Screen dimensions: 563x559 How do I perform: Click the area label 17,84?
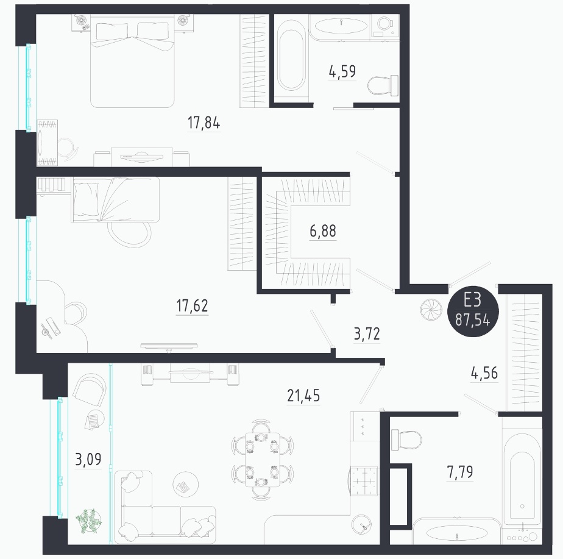(x=204, y=123)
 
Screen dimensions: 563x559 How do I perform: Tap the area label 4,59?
(x=342, y=71)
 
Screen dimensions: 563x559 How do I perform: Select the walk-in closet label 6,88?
(x=323, y=231)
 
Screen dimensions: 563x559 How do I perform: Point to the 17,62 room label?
(x=192, y=306)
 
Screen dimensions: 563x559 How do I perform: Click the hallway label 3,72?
(x=367, y=333)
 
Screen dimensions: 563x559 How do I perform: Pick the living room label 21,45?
(x=303, y=396)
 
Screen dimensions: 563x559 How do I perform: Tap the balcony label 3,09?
(x=88, y=459)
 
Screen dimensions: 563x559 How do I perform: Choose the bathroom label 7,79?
(x=460, y=472)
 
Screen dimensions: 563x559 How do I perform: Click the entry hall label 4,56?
(x=484, y=373)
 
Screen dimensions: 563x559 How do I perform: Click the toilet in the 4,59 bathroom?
(x=383, y=85)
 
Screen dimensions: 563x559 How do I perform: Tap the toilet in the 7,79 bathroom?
(x=406, y=440)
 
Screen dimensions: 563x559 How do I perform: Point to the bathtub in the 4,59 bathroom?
(x=291, y=60)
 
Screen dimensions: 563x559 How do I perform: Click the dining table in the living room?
(x=263, y=460)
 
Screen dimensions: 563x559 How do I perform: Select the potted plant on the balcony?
(x=88, y=521)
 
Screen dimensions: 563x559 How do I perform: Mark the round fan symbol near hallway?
(x=431, y=309)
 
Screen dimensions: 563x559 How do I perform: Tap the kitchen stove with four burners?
(x=364, y=480)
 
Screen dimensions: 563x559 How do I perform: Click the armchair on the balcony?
(x=90, y=390)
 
